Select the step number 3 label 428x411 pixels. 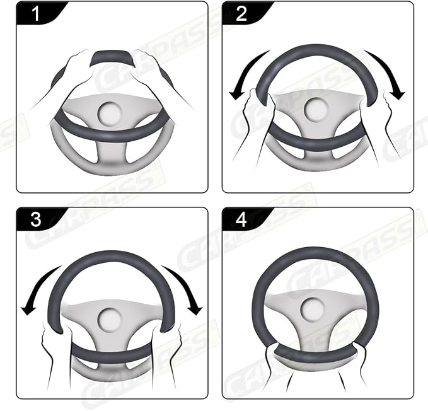[36, 219]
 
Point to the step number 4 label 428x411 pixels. [242, 219]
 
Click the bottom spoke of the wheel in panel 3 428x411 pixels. [112, 356]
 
